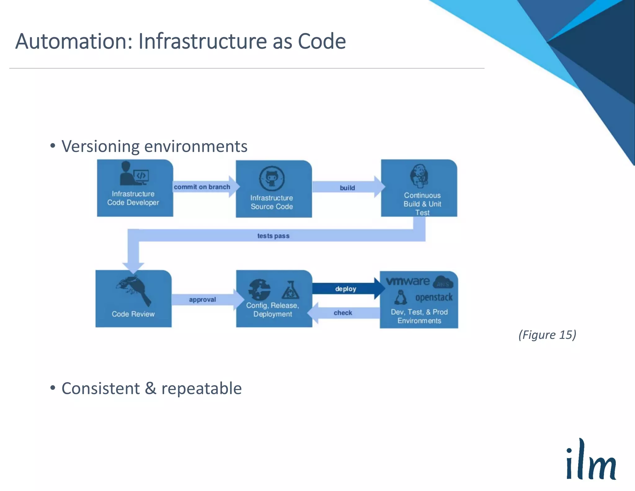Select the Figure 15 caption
(547, 335)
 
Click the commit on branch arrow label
(202, 187)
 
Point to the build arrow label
(347, 188)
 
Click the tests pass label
(273, 236)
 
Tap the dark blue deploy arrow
(346, 289)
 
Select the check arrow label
(343, 313)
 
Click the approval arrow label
(202, 300)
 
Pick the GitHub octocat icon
(272, 178)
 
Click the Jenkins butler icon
(419, 176)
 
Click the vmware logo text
(408, 281)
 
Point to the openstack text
(434, 297)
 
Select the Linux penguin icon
(401, 297)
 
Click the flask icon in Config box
(290, 290)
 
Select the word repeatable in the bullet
(201, 388)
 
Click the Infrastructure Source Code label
(272, 202)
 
